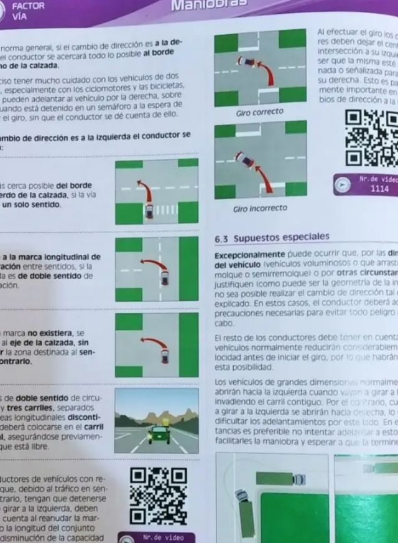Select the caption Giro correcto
pos(259,112)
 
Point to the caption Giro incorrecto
pos(260,208)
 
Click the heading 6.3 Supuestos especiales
pos(272,237)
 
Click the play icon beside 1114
pos(341,184)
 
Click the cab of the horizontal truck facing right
pos(299,478)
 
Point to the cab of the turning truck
pos(241,496)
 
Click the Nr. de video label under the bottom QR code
pos(157,537)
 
